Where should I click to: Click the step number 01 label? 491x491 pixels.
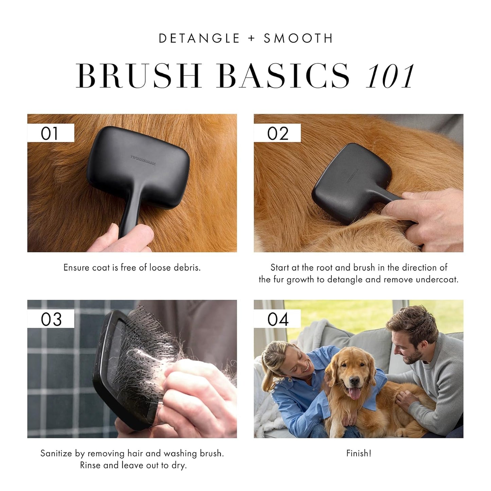click(x=50, y=133)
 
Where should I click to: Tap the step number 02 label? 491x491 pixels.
click(x=278, y=133)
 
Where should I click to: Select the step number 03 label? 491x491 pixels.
click(x=51, y=319)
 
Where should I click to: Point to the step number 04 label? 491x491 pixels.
click(x=278, y=319)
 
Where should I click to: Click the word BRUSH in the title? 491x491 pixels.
click(x=139, y=76)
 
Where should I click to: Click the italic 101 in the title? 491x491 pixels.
click(x=390, y=76)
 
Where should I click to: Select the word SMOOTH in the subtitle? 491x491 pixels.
click(x=298, y=38)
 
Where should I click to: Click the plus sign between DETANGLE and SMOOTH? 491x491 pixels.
click(x=251, y=38)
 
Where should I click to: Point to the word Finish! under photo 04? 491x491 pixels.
click(x=358, y=453)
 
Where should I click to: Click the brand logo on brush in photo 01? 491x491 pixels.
click(x=143, y=160)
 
